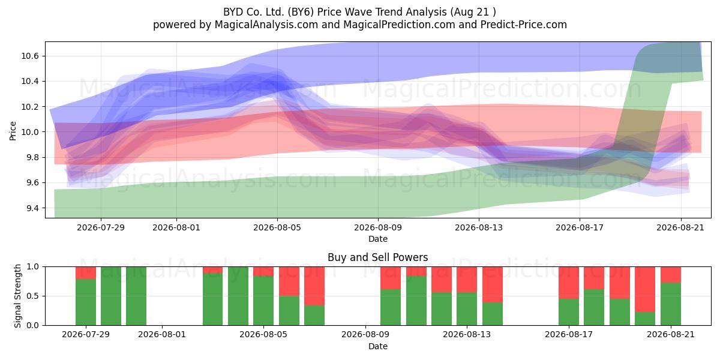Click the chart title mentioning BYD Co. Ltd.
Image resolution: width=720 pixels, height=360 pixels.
click(x=359, y=12)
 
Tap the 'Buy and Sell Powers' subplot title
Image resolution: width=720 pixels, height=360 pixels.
click(x=377, y=257)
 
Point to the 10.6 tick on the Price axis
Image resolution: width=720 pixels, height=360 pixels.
click(x=30, y=56)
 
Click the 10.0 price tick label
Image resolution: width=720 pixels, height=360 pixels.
click(x=30, y=132)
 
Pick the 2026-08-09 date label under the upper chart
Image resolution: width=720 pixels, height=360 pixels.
click(x=378, y=227)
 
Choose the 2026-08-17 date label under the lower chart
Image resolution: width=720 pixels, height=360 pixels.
click(x=569, y=334)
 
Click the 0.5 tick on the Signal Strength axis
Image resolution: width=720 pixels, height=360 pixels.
click(x=32, y=296)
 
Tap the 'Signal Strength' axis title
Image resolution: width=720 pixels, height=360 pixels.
click(x=17, y=296)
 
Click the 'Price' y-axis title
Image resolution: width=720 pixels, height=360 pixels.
click(x=13, y=131)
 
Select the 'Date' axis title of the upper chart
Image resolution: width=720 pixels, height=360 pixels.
click(x=378, y=239)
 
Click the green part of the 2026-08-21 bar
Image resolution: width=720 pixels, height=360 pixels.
click(x=671, y=304)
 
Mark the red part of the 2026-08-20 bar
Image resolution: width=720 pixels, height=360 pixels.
click(x=645, y=289)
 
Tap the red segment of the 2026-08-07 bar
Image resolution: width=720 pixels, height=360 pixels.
click(x=314, y=286)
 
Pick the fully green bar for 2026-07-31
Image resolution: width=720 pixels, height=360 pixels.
click(x=136, y=296)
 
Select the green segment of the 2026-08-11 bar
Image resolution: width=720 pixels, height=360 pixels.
click(x=416, y=301)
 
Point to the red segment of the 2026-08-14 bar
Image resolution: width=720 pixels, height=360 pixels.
click(x=493, y=284)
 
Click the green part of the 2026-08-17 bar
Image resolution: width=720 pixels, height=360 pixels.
click(x=569, y=312)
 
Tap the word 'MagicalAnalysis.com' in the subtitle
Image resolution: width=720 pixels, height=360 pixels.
click(x=266, y=25)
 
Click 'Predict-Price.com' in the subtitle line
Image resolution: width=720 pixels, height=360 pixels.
click(x=524, y=25)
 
